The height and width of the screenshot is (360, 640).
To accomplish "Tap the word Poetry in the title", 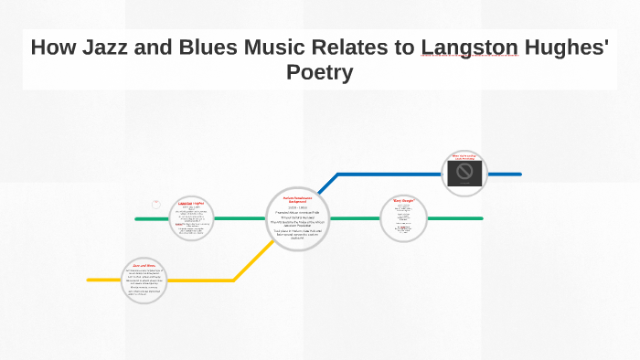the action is pyautogui.click(x=319, y=72).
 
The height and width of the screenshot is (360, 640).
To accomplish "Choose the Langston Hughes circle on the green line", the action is pyautogui.click(x=192, y=218).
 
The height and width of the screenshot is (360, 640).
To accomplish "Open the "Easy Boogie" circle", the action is pyautogui.click(x=403, y=218).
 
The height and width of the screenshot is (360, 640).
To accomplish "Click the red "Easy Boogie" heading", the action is pyautogui.click(x=403, y=199).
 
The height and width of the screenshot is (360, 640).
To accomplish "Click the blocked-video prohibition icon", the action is pyautogui.click(x=464, y=173).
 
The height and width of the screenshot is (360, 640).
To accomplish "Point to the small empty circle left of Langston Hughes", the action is pyautogui.click(x=156, y=205).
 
